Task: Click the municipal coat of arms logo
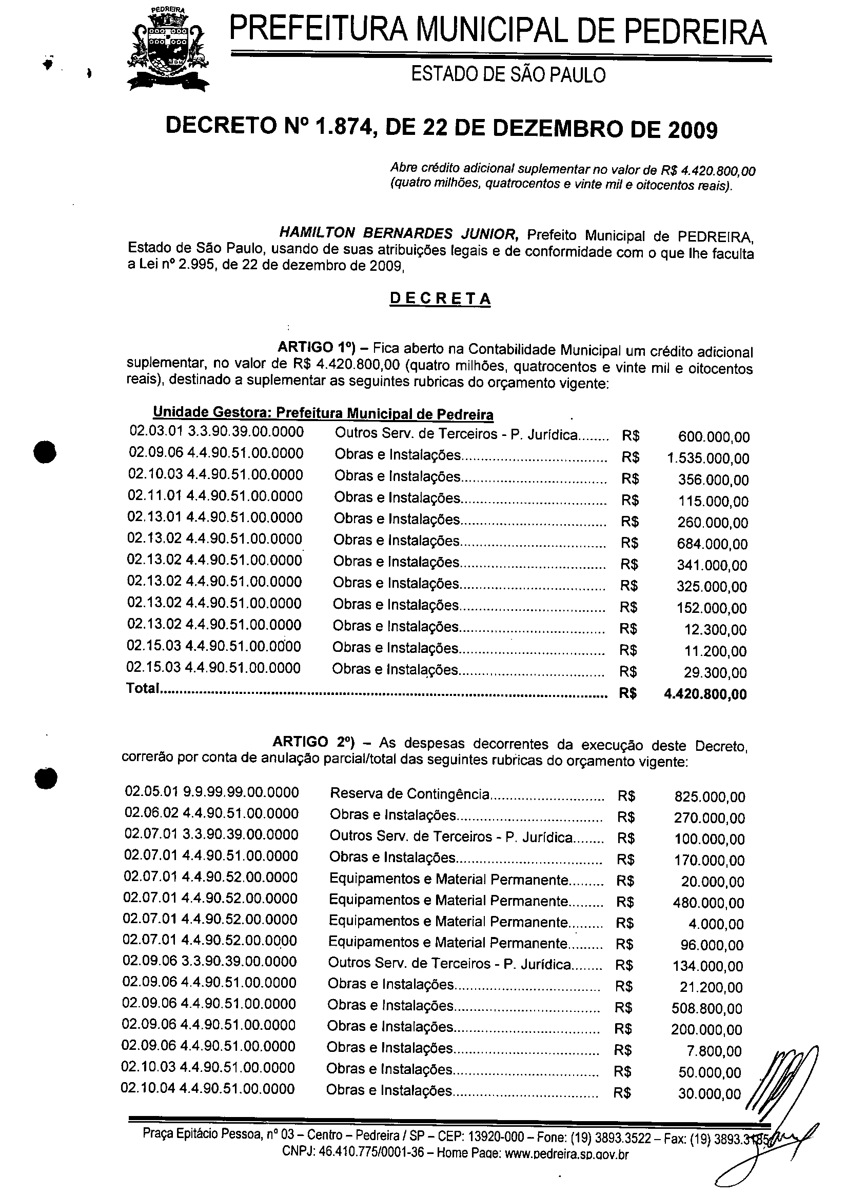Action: [168, 49]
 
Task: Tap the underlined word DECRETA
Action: [440, 298]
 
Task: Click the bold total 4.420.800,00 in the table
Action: [705, 694]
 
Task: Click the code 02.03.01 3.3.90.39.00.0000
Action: [216, 431]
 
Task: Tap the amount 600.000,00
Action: [714, 437]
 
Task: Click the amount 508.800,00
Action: [707, 1008]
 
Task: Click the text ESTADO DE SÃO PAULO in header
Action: [508, 75]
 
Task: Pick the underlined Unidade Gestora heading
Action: [323, 413]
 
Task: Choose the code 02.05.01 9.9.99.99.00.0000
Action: [212, 792]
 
